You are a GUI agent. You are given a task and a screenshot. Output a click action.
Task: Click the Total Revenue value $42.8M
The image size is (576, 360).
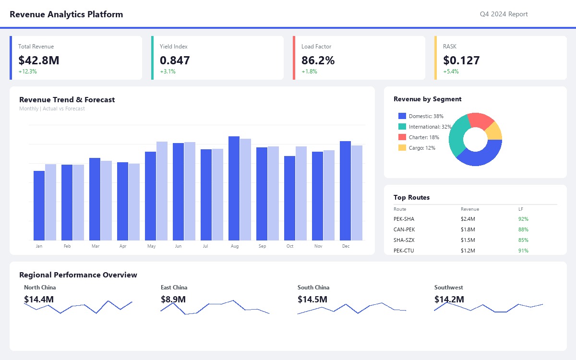39,60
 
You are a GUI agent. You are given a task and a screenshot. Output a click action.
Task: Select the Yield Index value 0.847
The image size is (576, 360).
175,60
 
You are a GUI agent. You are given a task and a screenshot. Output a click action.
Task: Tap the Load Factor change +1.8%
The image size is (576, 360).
309,72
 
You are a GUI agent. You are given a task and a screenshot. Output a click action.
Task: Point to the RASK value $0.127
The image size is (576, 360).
461,60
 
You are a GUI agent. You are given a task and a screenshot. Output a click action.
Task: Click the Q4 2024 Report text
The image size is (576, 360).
504,14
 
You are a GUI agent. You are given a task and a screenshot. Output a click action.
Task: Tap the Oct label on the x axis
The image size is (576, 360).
290,246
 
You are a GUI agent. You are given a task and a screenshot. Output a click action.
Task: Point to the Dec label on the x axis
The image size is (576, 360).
346,246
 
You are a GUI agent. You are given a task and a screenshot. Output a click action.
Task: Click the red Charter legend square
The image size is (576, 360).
402,137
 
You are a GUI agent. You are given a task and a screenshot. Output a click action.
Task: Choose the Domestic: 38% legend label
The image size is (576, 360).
426,116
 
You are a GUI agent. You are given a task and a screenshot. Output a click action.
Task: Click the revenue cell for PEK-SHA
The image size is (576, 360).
468,219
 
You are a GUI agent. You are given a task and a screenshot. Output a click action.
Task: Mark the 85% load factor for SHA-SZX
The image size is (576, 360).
523,240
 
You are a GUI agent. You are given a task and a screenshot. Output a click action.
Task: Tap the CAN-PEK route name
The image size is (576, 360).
404,229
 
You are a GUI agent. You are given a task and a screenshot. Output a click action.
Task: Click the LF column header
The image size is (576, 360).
521,209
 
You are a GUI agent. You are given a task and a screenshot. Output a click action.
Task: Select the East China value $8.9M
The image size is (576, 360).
173,300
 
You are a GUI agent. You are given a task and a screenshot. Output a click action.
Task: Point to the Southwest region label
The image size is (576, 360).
448,288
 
